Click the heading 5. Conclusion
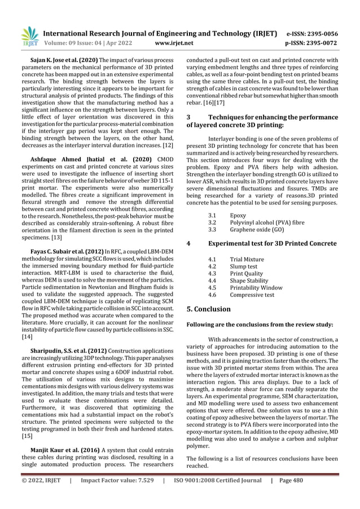pos(208,309)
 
